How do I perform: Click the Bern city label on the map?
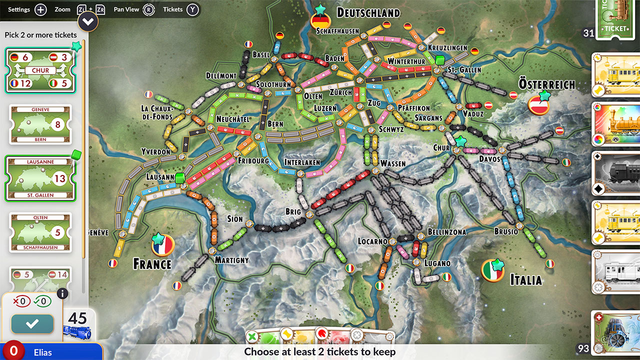pyautogui.click(x=275, y=124)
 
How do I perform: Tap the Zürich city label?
pyautogui.click(x=341, y=92)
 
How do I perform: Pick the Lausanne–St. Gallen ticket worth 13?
pyautogui.click(x=40, y=178)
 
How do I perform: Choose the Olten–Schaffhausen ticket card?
pyautogui.click(x=40, y=232)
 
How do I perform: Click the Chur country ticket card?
pyautogui.click(x=40, y=70)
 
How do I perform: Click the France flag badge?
pyautogui.click(x=162, y=245)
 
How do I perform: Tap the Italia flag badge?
pyautogui.click(x=492, y=270)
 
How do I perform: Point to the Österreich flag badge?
pyautogui.click(x=539, y=104)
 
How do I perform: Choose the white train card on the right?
pyautogui.click(x=616, y=272)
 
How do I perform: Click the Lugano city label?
pyautogui.click(x=437, y=263)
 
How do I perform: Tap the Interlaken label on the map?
pyautogui.click(x=302, y=162)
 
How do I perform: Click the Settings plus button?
pyautogui.click(x=40, y=9)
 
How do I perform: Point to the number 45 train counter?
pyautogui.click(x=77, y=318)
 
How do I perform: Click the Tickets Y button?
pyautogui.click(x=192, y=9)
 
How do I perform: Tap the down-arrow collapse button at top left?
pyautogui.click(x=88, y=21)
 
